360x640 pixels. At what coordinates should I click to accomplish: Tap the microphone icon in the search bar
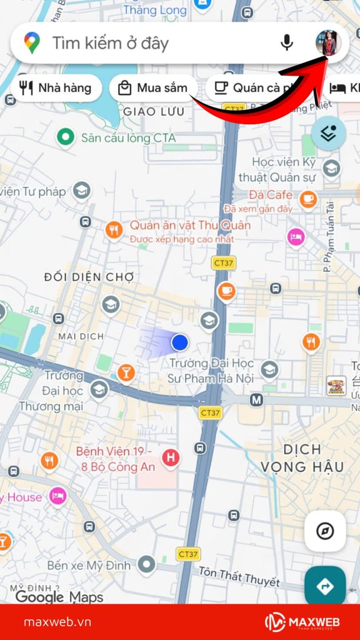point(287,42)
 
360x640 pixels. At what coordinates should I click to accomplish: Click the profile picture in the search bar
point(327,42)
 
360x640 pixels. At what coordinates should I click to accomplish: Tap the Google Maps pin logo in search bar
point(32,42)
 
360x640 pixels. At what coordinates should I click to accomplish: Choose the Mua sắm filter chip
point(153,88)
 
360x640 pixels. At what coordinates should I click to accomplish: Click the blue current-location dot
point(180,342)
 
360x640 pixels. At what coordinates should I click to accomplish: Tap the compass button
point(325,531)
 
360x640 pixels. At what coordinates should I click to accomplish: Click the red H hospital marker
point(170,458)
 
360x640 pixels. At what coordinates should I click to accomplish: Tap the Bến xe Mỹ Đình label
point(89,566)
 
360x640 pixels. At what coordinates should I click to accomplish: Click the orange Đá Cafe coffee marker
point(307,199)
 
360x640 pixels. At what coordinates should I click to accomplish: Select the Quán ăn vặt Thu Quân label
point(190,226)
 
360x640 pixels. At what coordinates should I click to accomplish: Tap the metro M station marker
point(256,399)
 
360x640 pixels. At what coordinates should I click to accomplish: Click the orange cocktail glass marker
point(126,373)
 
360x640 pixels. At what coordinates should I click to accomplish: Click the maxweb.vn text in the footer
point(57,622)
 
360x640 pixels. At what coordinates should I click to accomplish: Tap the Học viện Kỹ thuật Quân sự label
point(281,169)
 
